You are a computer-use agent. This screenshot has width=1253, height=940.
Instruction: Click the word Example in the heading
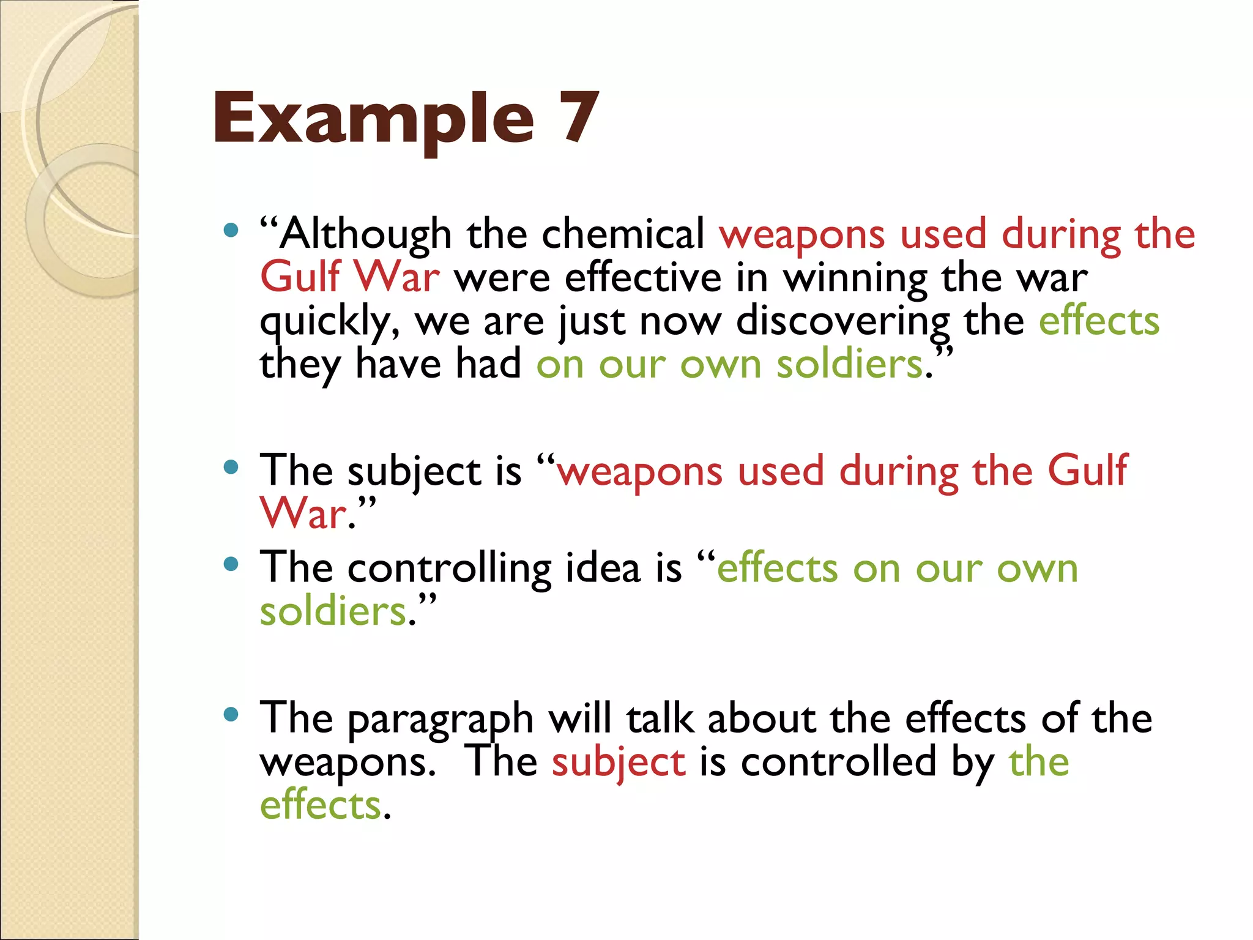[373, 119]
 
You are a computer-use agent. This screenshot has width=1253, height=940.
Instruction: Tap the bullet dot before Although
[231, 231]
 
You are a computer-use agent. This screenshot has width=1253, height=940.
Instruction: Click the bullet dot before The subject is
[231, 468]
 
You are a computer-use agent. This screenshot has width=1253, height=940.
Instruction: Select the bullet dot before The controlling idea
[231, 564]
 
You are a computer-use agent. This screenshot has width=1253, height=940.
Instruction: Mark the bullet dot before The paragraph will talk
[231, 714]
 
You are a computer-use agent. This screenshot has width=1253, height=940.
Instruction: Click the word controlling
[449, 569]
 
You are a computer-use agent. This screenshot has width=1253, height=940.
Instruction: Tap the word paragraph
[441, 720]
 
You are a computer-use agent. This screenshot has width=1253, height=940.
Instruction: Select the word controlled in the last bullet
[838, 762]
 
